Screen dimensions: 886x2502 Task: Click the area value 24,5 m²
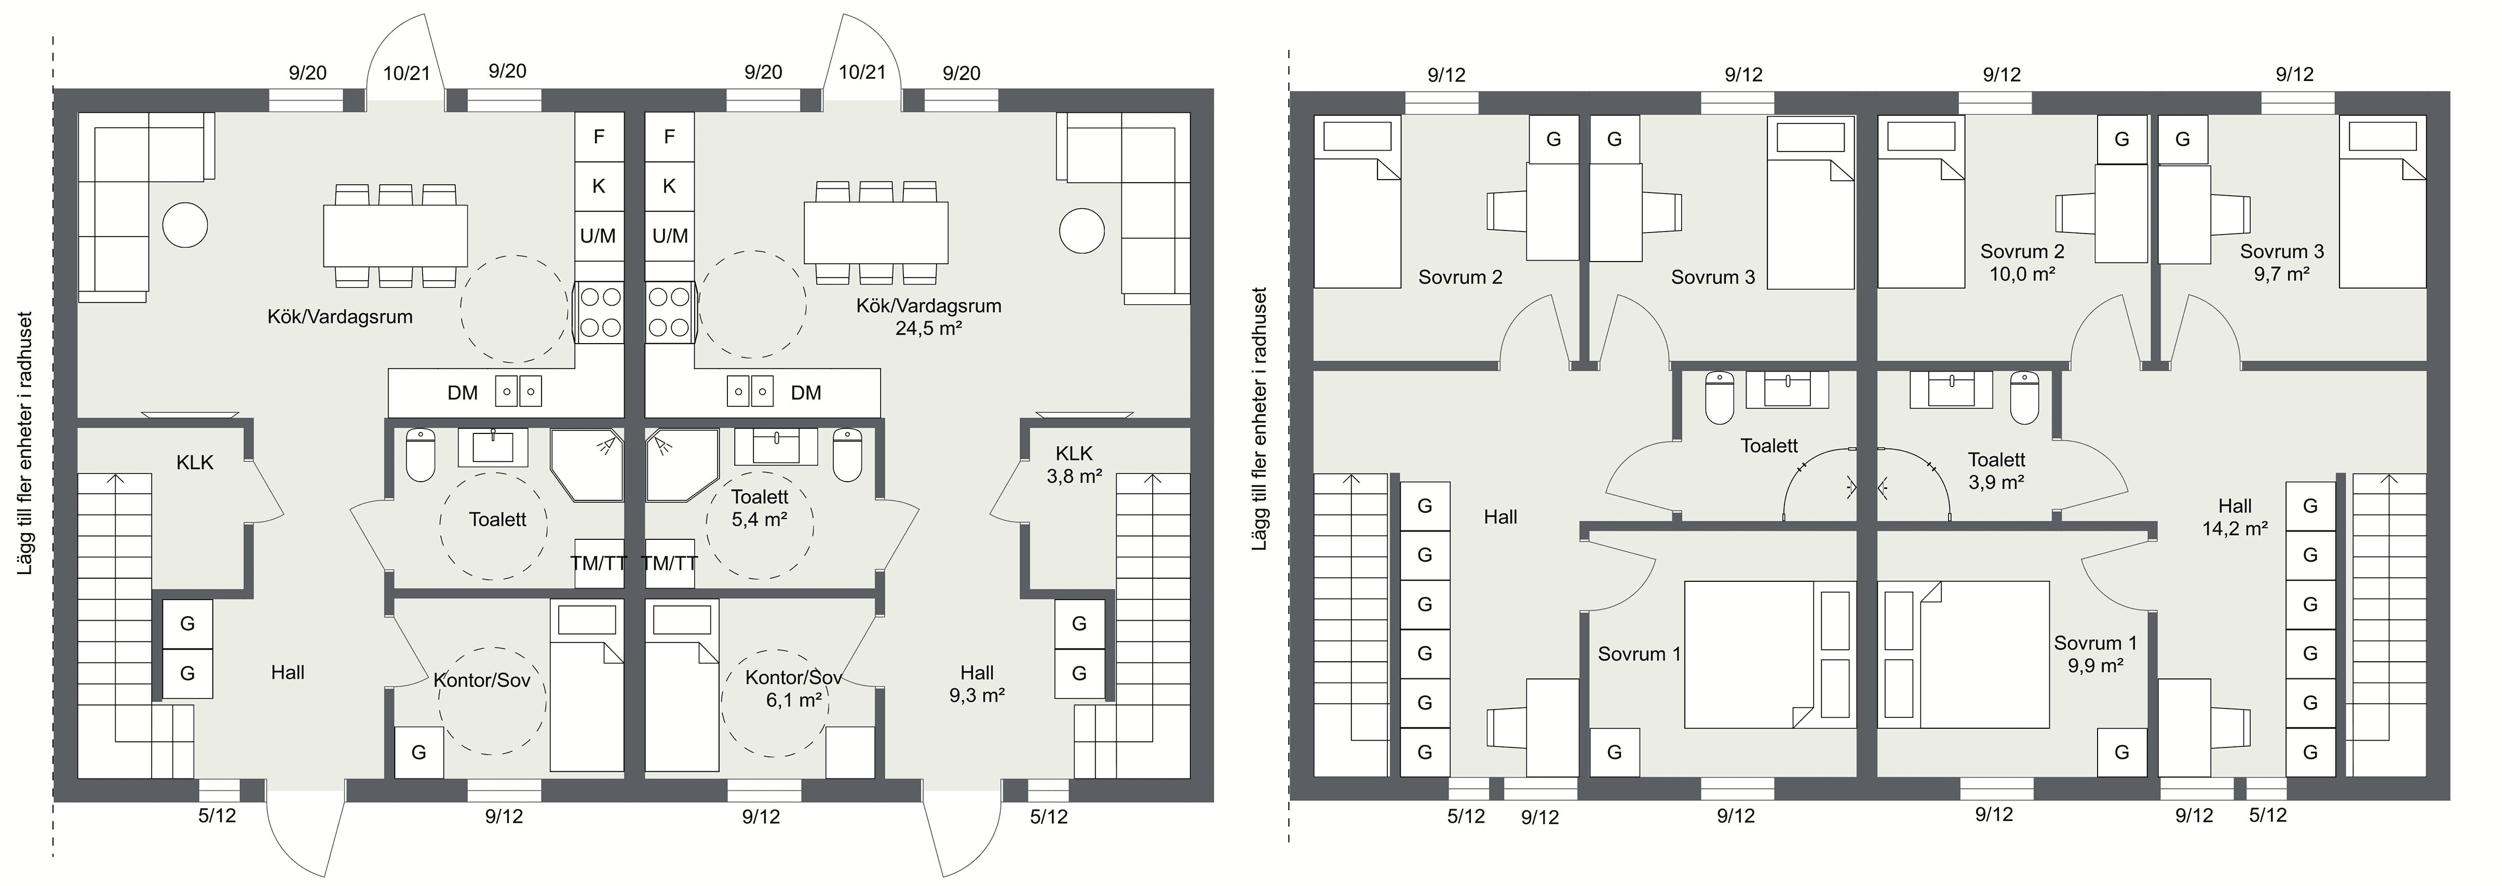(928, 329)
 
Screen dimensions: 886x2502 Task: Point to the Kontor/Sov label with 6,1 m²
(793, 688)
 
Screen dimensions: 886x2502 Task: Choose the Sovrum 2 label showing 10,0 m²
(2022, 262)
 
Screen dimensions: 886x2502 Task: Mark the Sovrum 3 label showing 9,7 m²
(2281, 262)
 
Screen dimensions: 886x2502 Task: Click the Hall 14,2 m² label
(2235, 517)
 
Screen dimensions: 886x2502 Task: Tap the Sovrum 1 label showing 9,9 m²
(2095, 654)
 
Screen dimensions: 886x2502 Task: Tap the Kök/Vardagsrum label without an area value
(340, 317)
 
